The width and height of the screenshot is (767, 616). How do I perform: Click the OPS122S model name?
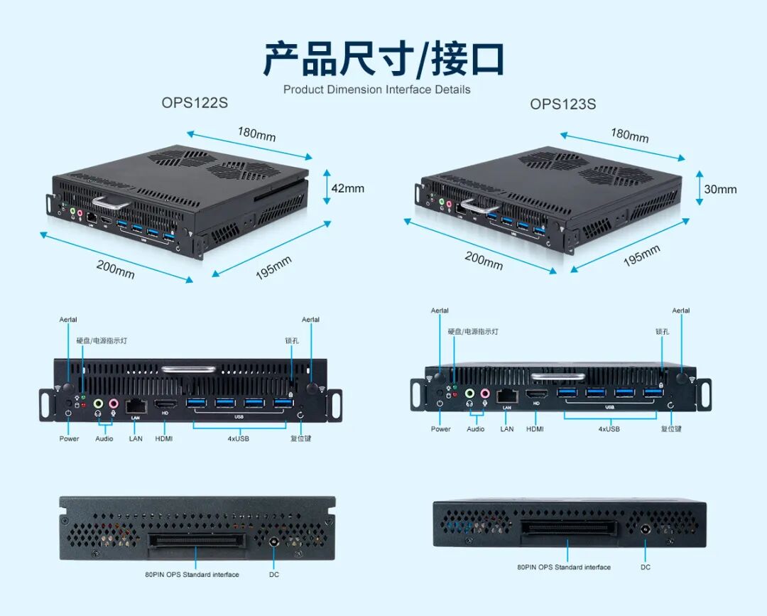(x=195, y=102)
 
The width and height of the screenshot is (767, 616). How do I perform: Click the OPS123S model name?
(x=562, y=104)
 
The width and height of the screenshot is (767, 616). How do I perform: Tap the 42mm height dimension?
(x=348, y=188)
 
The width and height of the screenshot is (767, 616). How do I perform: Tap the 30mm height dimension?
(x=720, y=190)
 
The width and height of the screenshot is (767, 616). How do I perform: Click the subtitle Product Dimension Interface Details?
(x=376, y=90)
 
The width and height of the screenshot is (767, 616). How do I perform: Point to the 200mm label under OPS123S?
(x=484, y=260)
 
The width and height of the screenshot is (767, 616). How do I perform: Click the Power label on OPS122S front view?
(x=69, y=438)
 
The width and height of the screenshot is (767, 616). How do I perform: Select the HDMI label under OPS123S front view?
(x=535, y=429)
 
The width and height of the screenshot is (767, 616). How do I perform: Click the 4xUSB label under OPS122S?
(x=238, y=438)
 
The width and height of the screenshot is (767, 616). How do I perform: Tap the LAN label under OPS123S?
(x=506, y=429)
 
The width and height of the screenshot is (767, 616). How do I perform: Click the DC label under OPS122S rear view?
(x=273, y=574)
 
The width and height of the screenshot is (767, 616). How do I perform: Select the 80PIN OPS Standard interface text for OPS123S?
(x=563, y=567)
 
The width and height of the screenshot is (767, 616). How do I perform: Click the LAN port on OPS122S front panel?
(x=135, y=405)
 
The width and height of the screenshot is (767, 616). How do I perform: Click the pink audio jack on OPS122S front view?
(x=114, y=404)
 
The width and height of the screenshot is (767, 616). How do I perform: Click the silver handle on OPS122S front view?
(x=188, y=369)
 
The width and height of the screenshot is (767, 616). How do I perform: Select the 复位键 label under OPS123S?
(x=671, y=429)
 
